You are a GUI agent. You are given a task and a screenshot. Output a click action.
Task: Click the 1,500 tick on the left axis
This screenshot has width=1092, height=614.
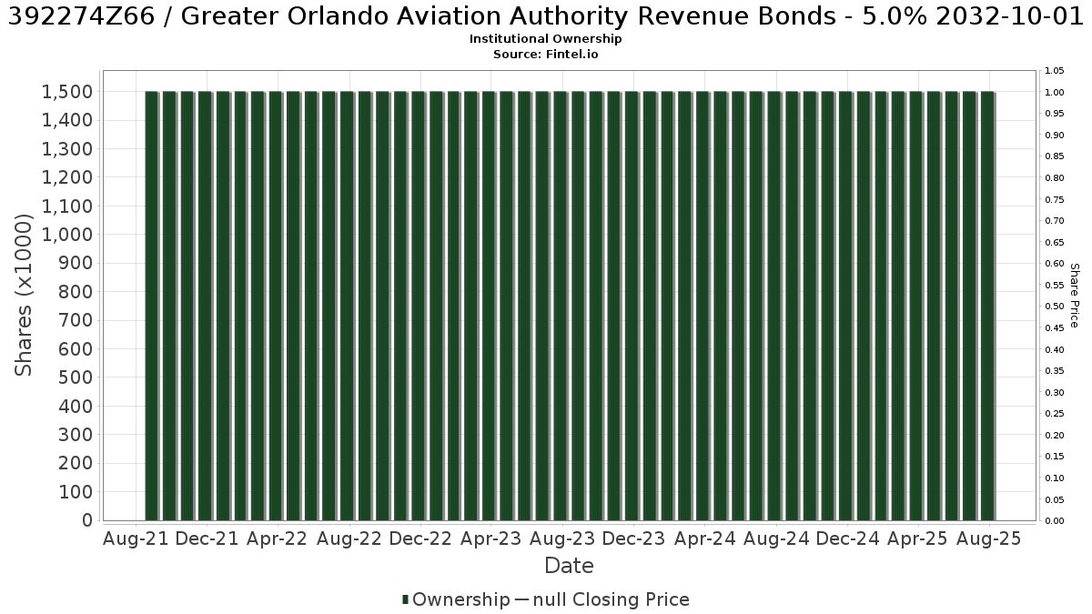[x=67, y=92]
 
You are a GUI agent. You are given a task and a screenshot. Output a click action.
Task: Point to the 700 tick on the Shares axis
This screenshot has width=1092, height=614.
[x=76, y=320]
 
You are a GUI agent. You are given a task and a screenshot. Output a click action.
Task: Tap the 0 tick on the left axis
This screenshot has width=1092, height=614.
[x=87, y=520]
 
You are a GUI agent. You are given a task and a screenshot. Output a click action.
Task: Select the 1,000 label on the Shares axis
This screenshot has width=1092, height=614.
[x=67, y=235]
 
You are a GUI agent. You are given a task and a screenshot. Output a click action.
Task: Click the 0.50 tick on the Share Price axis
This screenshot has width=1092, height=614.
[x=1055, y=307]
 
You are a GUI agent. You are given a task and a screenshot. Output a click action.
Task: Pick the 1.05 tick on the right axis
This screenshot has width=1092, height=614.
[x=1055, y=71]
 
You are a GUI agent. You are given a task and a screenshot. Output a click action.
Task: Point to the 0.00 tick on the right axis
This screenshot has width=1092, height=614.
[x=1055, y=521]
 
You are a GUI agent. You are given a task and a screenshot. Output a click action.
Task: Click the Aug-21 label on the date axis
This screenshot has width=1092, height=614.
[x=136, y=539]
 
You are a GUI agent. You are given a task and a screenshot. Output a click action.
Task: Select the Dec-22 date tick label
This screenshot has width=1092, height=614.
[x=420, y=539]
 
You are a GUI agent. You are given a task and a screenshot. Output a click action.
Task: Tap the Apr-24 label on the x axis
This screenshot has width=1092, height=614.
[x=704, y=539]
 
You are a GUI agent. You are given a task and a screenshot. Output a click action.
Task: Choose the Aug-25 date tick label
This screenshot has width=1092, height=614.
[x=988, y=539]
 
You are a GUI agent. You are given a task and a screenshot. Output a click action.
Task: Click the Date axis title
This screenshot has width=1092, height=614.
[x=569, y=566]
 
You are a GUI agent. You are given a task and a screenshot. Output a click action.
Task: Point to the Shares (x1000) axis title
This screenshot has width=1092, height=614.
[x=24, y=295]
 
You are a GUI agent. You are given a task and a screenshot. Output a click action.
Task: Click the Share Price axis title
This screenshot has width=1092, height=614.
[x=1075, y=296]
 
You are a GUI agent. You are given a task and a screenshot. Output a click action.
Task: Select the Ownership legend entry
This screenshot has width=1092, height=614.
[x=456, y=599]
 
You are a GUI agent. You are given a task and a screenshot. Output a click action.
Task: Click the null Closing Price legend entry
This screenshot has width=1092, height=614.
[x=602, y=599]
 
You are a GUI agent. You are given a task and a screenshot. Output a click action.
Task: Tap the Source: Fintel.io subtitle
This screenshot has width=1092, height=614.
[x=545, y=54]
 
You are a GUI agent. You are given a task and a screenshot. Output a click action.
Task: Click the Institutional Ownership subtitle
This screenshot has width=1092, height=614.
[x=545, y=39]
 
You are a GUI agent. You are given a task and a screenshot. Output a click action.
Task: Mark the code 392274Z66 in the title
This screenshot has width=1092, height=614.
[x=81, y=16]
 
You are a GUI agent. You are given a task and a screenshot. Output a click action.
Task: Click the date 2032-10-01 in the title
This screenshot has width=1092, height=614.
[x=1010, y=16]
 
